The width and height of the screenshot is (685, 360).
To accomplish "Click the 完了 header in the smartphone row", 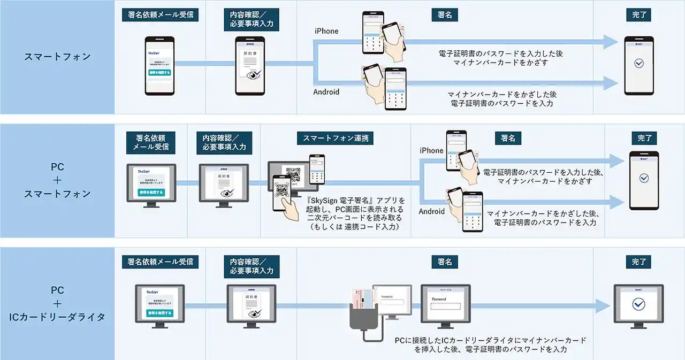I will pyautogui.click(x=638, y=15).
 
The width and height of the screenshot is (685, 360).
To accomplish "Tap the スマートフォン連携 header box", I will pyautogui.click(x=335, y=138).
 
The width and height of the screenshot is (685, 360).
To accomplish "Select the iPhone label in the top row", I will pyautogui.click(x=326, y=31).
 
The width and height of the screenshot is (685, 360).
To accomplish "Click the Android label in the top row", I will pyautogui.click(x=326, y=91).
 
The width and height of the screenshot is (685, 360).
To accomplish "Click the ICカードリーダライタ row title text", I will pyautogui.click(x=57, y=317).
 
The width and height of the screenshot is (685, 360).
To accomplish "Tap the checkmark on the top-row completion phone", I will pyautogui.click(x=638, y=64).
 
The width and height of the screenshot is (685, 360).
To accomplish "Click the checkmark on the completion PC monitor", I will pyautogui.click(x=638, y=304).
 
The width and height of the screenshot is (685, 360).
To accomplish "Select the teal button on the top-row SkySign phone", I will pyautogui.click(x=160, y=72).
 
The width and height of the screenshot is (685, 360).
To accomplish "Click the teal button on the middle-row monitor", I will pyautogui.click(x=151, y=192).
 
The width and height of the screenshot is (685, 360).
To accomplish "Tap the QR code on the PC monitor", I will pyautogui.click(x=293, y=174).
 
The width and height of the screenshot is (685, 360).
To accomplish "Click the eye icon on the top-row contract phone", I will pyautogui.click(x=251, y=75).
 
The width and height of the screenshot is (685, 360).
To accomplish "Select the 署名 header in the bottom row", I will pyautogui.click(x=444, y=262).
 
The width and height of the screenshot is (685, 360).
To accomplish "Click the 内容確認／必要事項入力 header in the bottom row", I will pyautogui.click(x=251, y=266).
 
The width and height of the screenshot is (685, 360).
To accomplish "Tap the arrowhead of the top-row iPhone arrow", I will pyautogui.click(x=610, y=42).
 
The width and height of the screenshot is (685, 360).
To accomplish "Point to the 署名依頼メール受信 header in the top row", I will pyautogui.click(x=160, y=15).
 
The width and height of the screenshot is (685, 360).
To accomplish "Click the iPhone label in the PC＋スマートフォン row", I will pyautogui.click(x=431, y=150).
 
